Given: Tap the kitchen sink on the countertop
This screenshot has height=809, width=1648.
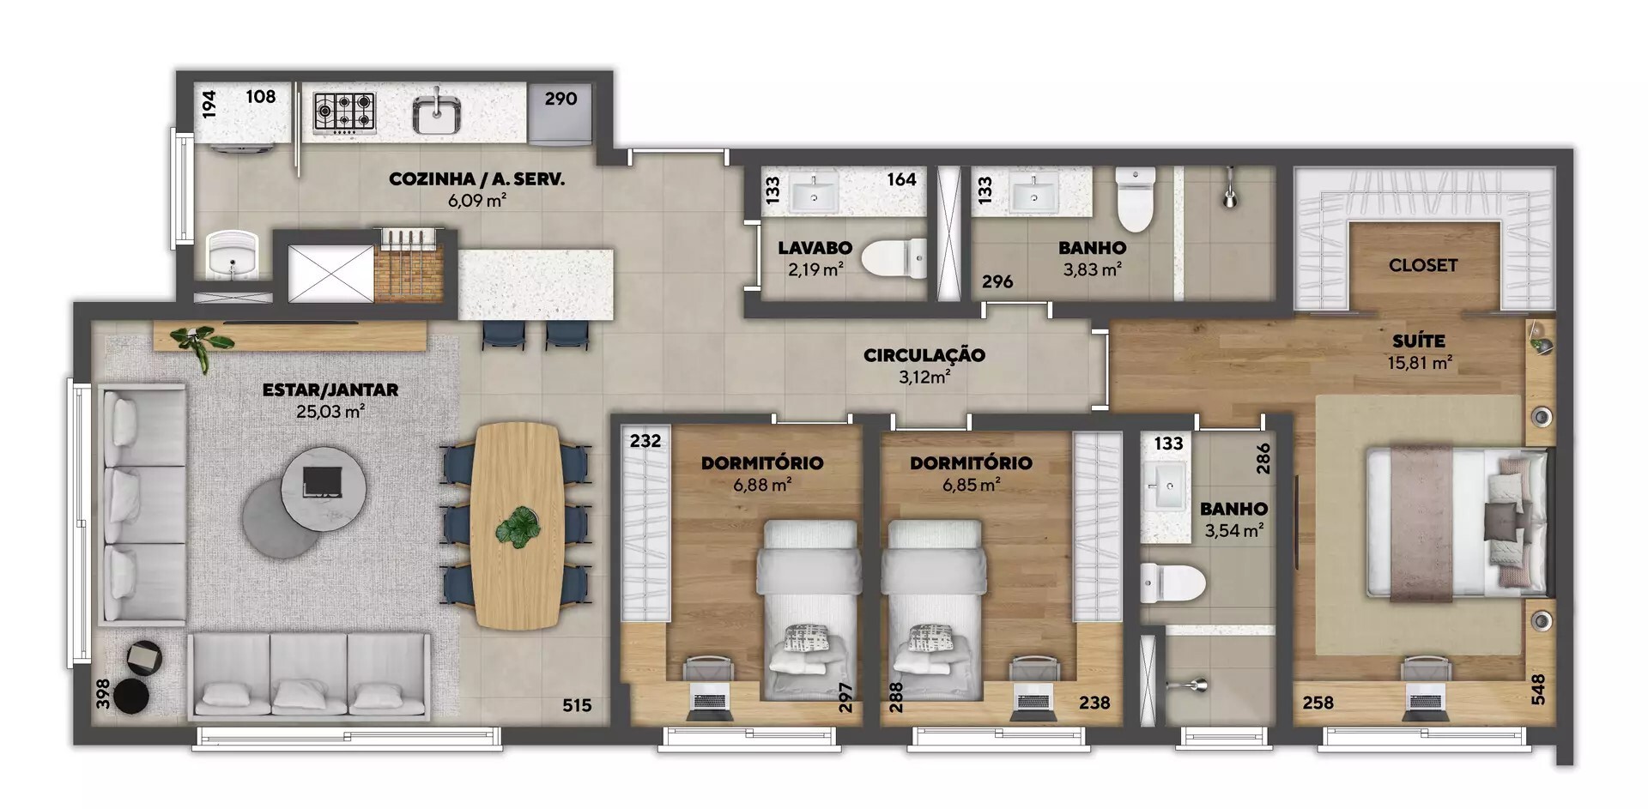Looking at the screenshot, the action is pyautogui.click(x=437, y=114).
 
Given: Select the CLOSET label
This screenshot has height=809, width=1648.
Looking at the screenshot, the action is pyautogui.click(x=1423, y=265).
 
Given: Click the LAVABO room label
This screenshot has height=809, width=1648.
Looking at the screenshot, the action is pyautogui.click(x=815, y=248).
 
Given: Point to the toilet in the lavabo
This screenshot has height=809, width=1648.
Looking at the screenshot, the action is pyautogui.click(x=894, y=257).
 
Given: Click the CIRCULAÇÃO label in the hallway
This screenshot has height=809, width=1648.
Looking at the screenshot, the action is pyautogui.click(x=924, y=355).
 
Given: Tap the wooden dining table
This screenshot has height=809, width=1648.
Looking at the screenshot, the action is pyautogui.click(x=517, y=525).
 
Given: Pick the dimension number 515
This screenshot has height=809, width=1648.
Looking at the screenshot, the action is pyautogui.click(x=577, y=705).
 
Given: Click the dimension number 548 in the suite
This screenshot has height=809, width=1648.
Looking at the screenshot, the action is pyautogui.click(x=1537, y=691).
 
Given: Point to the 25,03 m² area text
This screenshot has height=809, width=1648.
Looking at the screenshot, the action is pyautogui.click(x=330, y=412).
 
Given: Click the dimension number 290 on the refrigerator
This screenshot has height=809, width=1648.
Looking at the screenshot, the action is pyautogui.click(x=560, y=99).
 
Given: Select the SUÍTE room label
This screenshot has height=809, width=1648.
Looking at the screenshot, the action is pyautogui.click(x=1419, y=341).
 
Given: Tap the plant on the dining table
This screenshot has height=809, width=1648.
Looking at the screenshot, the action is pyautogui.click(x=518, y=525).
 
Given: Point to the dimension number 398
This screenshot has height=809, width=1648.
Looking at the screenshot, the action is pyautogui.click(x=103, y=695).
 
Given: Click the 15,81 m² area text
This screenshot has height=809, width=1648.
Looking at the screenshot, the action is pyautogui.click(x=1420, y=363).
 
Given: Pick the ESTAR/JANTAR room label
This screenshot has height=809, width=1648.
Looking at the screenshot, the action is pyautogui.click(x=330, y=390).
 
